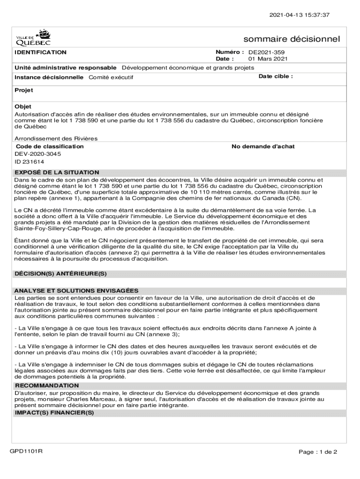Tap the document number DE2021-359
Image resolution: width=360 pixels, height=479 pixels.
[266, 52]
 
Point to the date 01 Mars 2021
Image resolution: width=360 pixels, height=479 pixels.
[268, 59]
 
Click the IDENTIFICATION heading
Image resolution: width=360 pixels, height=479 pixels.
[41, 52]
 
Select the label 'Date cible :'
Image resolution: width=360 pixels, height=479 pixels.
[276, 76]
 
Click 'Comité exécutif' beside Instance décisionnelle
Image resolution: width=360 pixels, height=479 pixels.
[111, 77]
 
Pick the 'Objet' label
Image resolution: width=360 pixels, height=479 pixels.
[23, 107]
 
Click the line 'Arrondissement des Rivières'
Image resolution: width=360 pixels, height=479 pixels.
[56, 139]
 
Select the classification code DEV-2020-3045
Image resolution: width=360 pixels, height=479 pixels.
[38, 154]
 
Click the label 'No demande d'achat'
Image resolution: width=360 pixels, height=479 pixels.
[263, 146]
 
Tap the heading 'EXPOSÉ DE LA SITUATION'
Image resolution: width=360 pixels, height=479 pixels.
[57, 173]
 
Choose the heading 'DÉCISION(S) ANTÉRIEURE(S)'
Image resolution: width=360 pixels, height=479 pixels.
[61, 273]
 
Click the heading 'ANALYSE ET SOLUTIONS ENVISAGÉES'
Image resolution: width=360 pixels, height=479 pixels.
[76, 290]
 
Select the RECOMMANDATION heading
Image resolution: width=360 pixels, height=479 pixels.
[47, 385]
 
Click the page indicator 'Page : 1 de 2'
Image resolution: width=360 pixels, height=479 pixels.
[318, 452]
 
